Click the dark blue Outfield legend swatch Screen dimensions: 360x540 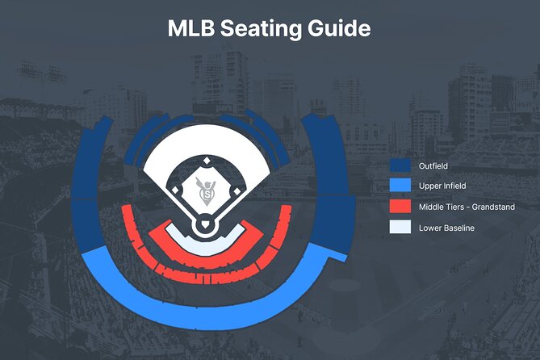coord(400,165)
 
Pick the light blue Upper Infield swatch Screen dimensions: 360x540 coord(400,186)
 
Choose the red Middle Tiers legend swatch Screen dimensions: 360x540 coord(400,207)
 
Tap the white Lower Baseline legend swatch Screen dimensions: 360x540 coord(400,228)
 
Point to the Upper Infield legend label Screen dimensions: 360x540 coord(442,186)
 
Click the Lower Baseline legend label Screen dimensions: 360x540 coord(447,228)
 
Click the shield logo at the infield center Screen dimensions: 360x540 coord(207,192)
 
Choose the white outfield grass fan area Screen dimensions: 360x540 coord(207,145)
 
